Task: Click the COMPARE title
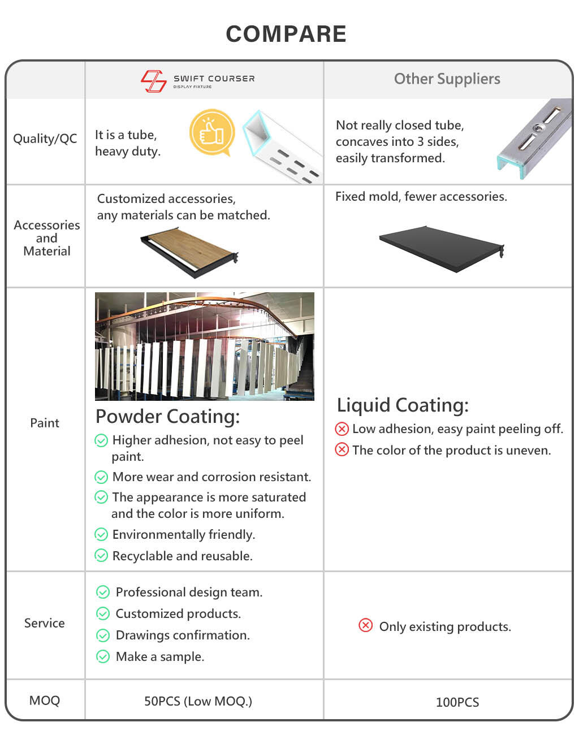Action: point(286,34)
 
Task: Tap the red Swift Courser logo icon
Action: point(154,81)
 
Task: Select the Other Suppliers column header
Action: point(447,79)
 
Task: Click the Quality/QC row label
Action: point(45,139)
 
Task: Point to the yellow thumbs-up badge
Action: point(212,132)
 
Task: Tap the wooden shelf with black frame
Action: point(189,253)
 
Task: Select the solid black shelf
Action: point(442,249)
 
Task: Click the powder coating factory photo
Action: point(205,346)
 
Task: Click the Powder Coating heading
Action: point(168,417)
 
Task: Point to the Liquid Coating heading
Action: point(403,405)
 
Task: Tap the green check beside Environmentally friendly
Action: point(101,534)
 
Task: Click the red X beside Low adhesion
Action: point(342,429)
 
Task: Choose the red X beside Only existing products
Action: point(365,625)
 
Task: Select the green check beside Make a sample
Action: point(103,656)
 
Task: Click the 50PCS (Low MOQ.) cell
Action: point(198,702)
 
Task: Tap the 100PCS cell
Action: point(457,702)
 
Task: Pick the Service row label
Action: point(45,623)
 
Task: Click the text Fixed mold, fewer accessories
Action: point(421,197)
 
